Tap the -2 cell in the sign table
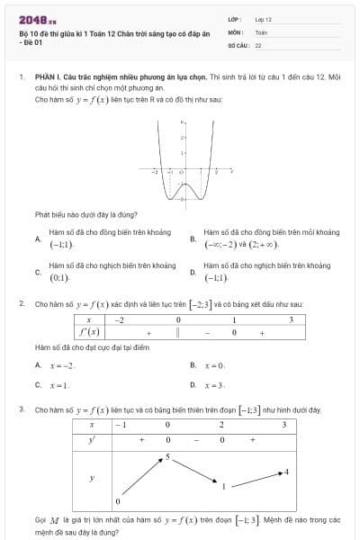(121, 319)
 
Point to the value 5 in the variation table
(167, 458)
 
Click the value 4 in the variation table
(286, 472)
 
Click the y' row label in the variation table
(92, 439)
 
